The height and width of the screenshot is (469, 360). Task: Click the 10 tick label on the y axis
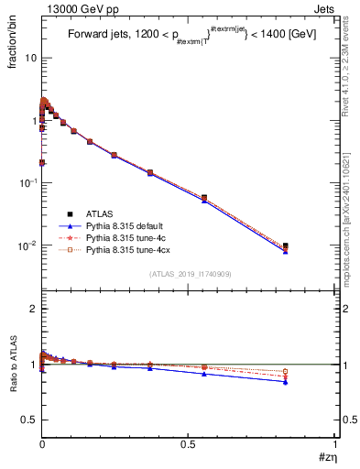pos(30,58)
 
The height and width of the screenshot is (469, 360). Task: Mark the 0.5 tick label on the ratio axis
pos(29,420)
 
